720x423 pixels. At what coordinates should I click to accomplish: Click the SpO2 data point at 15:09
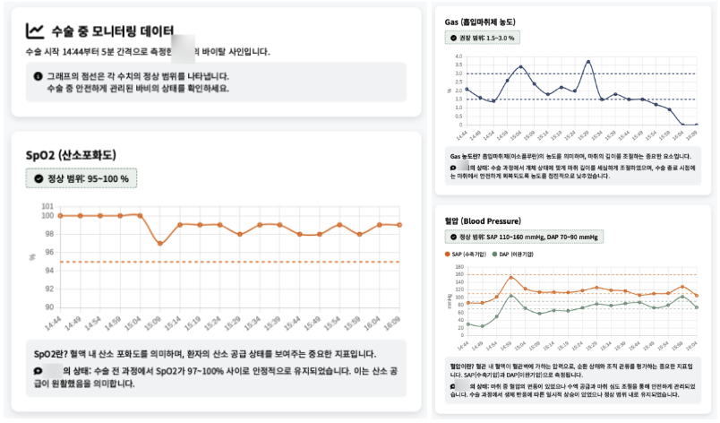coord(159,243)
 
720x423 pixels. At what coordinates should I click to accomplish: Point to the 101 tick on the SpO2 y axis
coord(47,206)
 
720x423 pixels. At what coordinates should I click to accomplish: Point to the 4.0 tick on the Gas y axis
coord(459,57)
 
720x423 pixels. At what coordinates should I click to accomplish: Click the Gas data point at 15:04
coord(520,66)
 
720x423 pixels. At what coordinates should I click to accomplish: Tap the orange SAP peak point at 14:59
coord(510,277)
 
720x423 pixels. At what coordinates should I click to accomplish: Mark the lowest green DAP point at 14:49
coord(482,326)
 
